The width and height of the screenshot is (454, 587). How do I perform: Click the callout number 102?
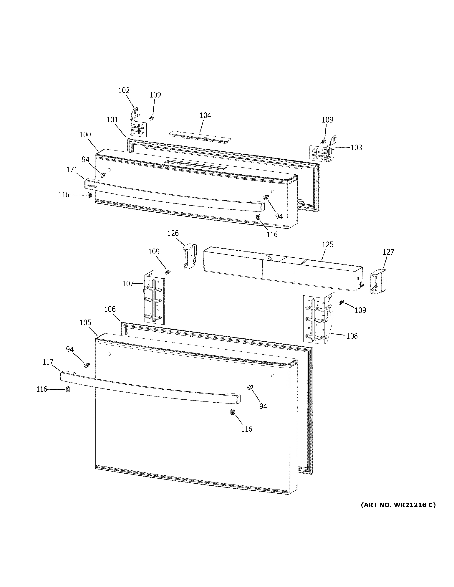point(124,91)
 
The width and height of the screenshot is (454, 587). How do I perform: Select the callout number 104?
point(205,116)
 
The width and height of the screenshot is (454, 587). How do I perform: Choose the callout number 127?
point(388,252)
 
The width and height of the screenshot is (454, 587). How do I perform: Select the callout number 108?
point(352,336)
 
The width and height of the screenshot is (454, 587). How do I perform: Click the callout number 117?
point(48,362)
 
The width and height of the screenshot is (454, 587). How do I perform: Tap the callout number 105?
point(85,323)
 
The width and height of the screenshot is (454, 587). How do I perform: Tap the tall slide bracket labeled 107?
point(154,297)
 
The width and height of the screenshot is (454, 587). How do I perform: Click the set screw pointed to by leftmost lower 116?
point(68,389)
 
